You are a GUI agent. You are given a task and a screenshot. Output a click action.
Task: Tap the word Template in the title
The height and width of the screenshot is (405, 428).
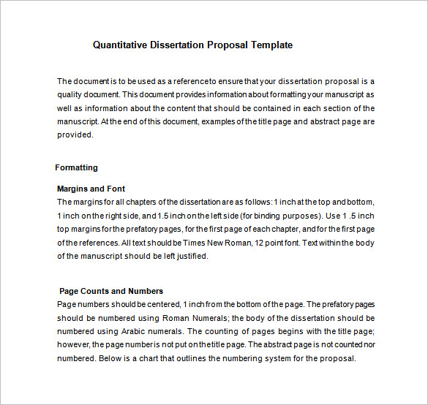(x=271, y=45)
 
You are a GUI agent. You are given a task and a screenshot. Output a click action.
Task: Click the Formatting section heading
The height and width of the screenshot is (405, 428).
(x=76, y=167)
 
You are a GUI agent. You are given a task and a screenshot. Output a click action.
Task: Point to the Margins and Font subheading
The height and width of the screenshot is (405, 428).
(x=91, y=189)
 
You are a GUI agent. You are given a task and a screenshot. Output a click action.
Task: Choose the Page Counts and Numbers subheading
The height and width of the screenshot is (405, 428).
(x=111, y=291)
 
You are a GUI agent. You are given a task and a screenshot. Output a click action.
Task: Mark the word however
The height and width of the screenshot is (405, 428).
(x=74, y=345)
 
